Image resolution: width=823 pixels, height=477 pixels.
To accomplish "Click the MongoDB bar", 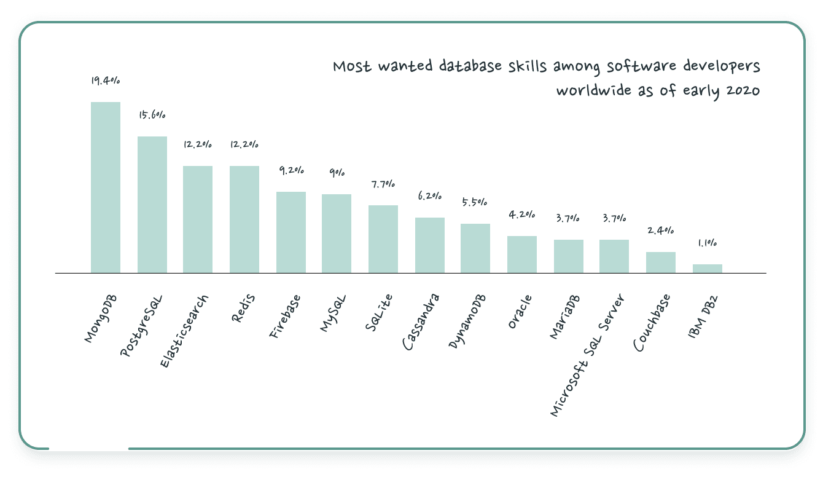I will [x=106, y=187].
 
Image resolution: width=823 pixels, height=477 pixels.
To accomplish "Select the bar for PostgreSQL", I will [x=152, y=205].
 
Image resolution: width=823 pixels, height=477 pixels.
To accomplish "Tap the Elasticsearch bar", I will [x=198, y=219].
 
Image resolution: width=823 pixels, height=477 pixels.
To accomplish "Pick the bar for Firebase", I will [x=291, y=232].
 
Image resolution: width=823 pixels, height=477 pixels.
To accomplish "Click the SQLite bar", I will [x=383, y=239].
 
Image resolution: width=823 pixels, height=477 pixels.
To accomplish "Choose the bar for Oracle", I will [x=522, y=254].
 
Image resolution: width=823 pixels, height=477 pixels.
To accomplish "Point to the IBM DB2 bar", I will [x=708, y=269].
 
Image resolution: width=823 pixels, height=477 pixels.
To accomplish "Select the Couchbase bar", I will [x=661, y=262].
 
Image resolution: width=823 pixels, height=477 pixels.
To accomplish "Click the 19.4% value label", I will [x=105, y=81].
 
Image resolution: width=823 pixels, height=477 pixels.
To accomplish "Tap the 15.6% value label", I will [x=152, y=116].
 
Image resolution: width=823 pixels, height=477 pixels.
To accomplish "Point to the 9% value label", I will [x=336, y=173].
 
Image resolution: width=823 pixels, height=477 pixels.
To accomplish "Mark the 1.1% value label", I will [x=707, y=243].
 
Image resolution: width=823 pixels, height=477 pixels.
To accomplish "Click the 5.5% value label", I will [x=475, y=202].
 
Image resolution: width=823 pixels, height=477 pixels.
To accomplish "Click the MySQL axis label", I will [x=333, y=313].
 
